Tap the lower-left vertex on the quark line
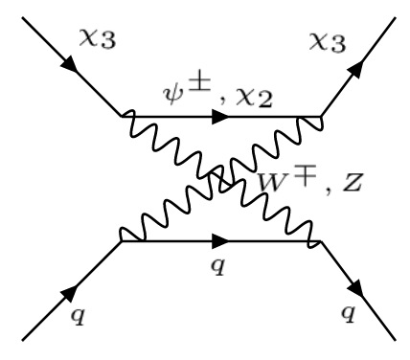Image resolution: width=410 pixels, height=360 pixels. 122,241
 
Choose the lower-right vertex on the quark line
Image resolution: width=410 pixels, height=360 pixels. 321,241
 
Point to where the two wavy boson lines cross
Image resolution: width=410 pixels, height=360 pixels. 221,180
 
